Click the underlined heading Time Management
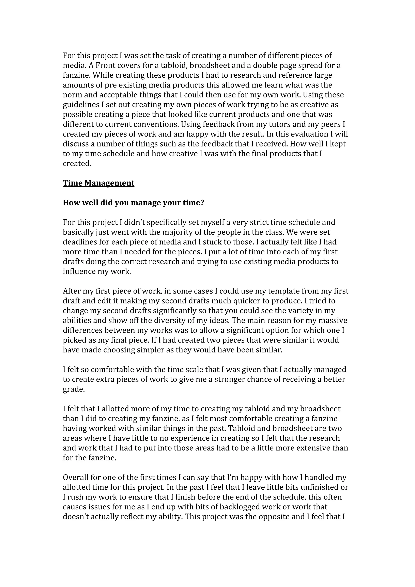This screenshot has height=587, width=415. coord(98,183)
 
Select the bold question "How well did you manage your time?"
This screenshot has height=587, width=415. coord(134,203)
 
